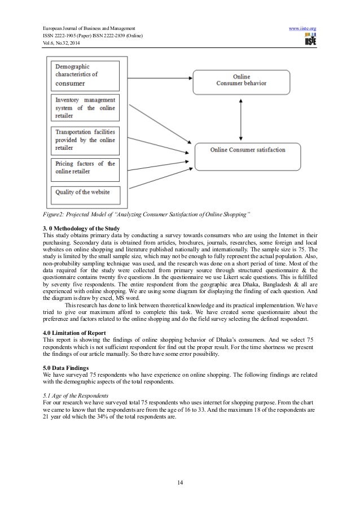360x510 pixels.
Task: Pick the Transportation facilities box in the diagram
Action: click(x=85, y=140)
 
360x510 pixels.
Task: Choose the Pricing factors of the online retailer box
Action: click(x=85, y=168)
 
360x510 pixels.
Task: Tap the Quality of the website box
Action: click(x=85, y=193)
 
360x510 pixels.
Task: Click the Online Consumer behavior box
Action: click(x=242, y=80)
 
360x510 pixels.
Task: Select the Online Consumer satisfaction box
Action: click(x=248, y=151)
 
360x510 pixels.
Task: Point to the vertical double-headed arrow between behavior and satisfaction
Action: click(x=242, y=116)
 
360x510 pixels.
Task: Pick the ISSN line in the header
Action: click(x=93, y=35)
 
